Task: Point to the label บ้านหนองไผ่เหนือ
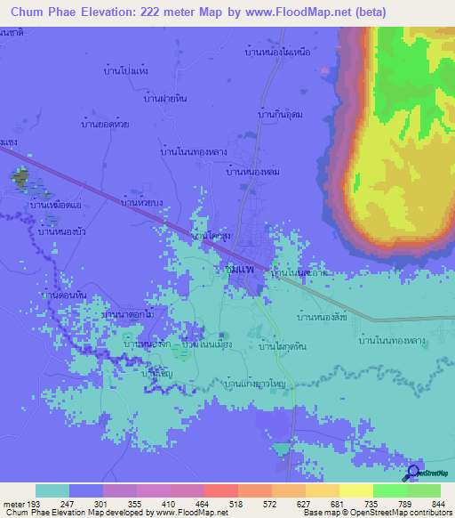(x=276, y=53)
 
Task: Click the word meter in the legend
(x=14, y=504)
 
